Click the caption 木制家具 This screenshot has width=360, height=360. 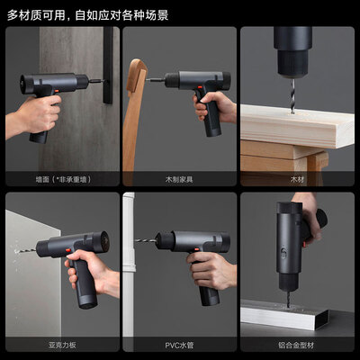[x=179, y=179]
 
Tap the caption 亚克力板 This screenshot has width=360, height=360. [x=62, y=345]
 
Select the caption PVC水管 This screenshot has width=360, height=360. [x=179, y=345]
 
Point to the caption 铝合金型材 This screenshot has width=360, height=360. [x=296, y=345]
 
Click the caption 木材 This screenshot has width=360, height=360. [x=297, y=179]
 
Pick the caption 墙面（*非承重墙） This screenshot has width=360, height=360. [x=63, y=179]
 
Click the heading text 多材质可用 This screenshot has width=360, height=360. [x=36, y=15]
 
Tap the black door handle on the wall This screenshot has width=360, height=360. [x=108, y=65]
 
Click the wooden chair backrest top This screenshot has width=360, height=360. [x=137, y=75]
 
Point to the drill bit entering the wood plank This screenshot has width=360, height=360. [x=292, y=95]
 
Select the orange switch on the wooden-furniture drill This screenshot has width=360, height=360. [x=199, y=88]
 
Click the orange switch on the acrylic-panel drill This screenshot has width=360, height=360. [x=67, y=250]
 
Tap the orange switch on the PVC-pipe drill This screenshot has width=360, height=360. [x=197, y=249]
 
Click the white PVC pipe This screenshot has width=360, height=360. [x=129, y=270]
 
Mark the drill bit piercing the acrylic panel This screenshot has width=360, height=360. [x=26, y=250]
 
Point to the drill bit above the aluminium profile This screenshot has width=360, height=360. [x=288, y=297]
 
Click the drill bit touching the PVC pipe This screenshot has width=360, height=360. [x=146, y=240]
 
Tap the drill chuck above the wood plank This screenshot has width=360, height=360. [x=292, y=63]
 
